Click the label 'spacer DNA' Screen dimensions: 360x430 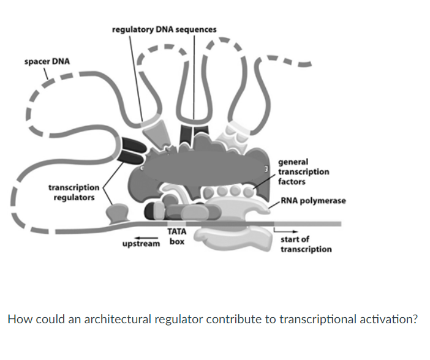47,62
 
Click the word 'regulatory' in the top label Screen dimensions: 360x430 131,29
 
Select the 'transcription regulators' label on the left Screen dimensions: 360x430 74,192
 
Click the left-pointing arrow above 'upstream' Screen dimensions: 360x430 146,236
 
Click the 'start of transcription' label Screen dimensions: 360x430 306,244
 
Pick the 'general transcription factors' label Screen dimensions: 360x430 303,172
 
